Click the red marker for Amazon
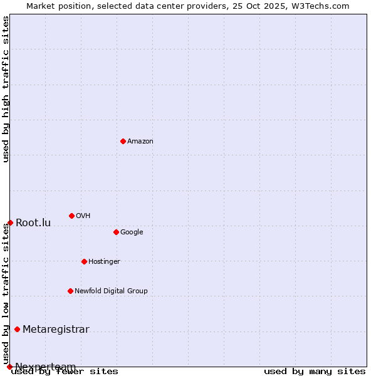tap(123, 141)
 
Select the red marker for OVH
tap(71, 216)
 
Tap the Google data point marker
tap(116, 232)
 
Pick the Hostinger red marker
tap(84, 261)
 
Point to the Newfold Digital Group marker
tap(70, 291)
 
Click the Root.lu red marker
tap(10, 222)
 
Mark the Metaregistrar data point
tap(17, 329)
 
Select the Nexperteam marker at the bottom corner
tap(9, 367)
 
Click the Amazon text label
tap(140, 142)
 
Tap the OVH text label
tap(83, 216)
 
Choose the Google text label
tap(132, 232)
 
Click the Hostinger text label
tap(104, 262)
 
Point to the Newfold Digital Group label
tap(111, 291)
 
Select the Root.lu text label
tap(33, 223)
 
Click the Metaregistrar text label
tap(56, 330)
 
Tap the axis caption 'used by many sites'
tap(315, 372)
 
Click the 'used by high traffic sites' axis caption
tap(6, 89)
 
